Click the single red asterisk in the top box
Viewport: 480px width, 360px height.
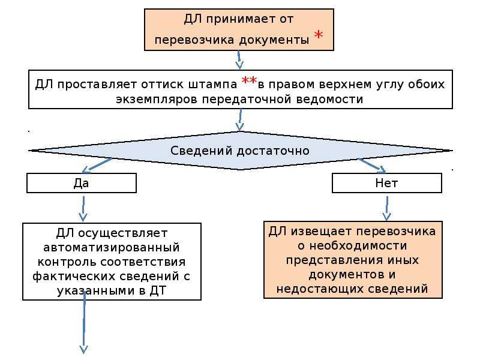coord(319,34)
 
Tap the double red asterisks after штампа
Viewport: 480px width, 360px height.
coord(249,81)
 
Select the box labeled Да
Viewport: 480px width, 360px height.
coord(82,183)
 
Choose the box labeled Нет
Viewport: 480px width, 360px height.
coord(387,183)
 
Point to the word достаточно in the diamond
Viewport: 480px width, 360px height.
coord(273,151)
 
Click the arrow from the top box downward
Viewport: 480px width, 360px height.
coord(239,60)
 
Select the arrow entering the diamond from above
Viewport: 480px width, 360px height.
coord(239,119)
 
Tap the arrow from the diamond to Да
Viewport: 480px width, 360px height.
coord(97,164)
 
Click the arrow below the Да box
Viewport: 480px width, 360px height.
coord(83,208)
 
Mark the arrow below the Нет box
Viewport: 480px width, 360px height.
coord(387,208)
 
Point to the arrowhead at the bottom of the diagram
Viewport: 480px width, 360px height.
coord(83,349)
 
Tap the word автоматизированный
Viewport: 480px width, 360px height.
coord(112,247)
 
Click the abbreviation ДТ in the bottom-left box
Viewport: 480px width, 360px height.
coord(158,290)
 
